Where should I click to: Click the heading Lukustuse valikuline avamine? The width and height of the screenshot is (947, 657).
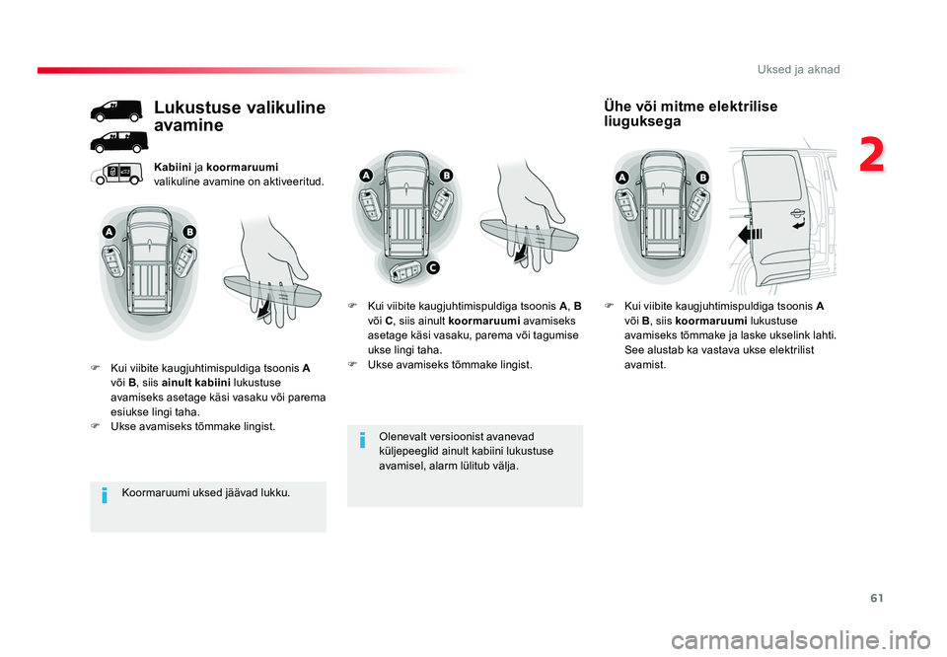point(240,116)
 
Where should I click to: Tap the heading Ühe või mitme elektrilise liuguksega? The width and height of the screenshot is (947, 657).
point(690,113)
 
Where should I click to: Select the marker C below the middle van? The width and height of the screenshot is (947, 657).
point(433,267)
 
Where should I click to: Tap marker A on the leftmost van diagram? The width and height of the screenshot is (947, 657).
point(109,232)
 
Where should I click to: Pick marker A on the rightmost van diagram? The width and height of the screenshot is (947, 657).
point(622,177)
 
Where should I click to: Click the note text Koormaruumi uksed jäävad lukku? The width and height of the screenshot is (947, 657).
point(206,492)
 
